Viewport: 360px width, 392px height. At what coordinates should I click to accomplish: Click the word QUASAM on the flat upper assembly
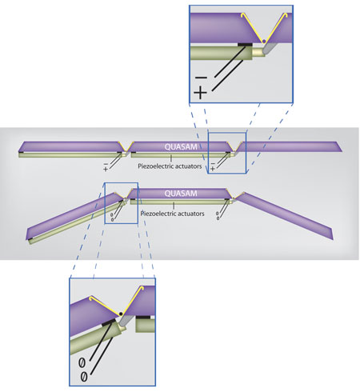click(181, 146)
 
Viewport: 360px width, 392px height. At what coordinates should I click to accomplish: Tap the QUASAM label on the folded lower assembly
click(181, 193)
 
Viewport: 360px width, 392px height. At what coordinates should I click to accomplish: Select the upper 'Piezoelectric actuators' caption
click(170, 166)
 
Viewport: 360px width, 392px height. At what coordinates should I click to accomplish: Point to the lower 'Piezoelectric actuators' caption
click(173, 214)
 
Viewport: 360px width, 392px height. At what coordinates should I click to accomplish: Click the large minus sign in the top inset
click(201, 78)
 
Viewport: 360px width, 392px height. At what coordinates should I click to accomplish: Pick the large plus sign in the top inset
click(200, 93)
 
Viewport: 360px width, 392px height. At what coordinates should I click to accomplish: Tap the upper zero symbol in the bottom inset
click(82, 362)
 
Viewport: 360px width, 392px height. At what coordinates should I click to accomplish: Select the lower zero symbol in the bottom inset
click(84, 377)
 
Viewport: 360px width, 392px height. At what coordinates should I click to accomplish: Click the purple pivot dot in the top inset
click(264, 41)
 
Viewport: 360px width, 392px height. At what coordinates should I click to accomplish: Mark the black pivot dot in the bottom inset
click(121, 314)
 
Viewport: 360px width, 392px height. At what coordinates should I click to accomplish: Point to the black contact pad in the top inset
click(245, 44)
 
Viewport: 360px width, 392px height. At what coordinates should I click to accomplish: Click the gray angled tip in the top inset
click(268, 49)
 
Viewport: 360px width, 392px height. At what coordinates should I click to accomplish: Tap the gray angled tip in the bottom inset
click(124, 321)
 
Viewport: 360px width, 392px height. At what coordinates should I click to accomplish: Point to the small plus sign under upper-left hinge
click(106, 169)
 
